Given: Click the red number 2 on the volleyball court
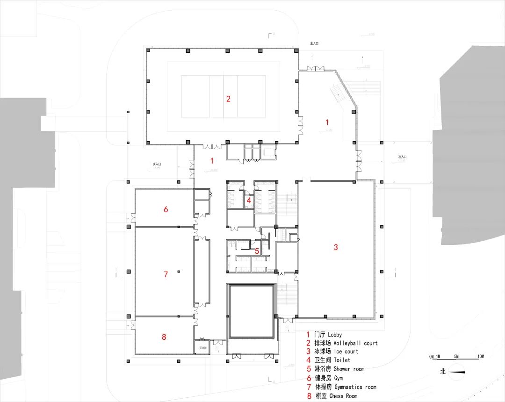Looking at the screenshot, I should click(x=228, y=99).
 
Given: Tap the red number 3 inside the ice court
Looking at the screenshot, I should click(x=335, y=247).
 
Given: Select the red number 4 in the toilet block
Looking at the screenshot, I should click(x=249, y=201).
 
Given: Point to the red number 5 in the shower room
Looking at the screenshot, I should click(x=257, y=251).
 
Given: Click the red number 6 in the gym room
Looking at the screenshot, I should click(x=166, y=209).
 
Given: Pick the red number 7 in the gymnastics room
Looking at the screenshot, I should click(x=166, y=274).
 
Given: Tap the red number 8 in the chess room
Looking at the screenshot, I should click(x=164, y=337).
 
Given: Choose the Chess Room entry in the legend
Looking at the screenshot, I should click(x=346, y=396).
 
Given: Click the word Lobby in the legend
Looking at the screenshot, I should click(x=334, y=335).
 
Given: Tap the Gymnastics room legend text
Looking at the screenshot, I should click(x=355, y=387).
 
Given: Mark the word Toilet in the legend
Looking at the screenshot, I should click(x=342, y=360).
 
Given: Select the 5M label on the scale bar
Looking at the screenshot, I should click(x=456, y=357).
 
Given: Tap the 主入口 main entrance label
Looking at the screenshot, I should click(x=314, y=43).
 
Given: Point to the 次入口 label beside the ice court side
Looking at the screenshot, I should click(x=403, y=157).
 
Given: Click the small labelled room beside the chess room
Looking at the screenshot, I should click(x=202, y=348).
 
